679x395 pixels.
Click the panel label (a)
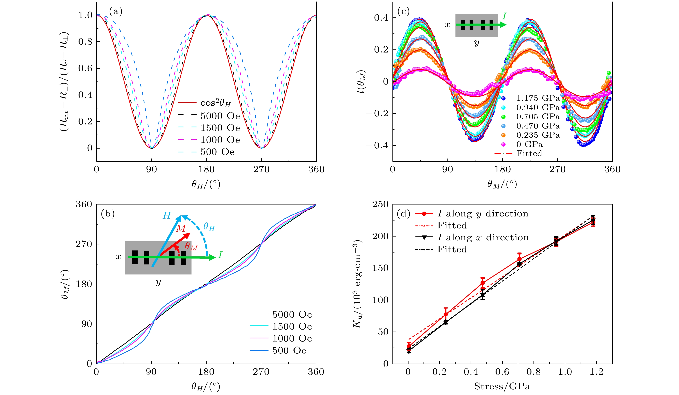116,11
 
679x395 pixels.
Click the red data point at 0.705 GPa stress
519,259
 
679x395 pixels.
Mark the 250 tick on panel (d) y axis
380,204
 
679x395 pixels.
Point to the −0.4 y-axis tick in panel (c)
377,146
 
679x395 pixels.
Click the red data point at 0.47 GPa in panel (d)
483,283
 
